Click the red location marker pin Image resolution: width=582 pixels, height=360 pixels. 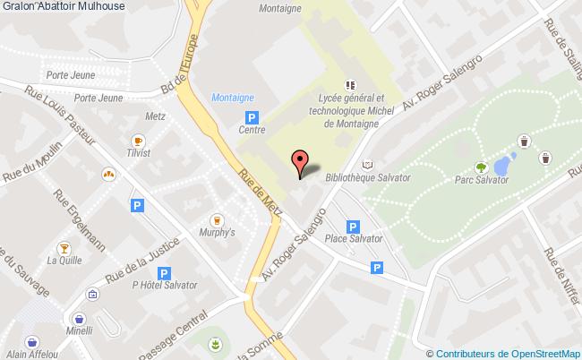pos(301,161)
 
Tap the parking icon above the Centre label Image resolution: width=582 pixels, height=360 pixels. pos(252,116)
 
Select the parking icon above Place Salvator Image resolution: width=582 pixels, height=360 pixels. pos(353,227)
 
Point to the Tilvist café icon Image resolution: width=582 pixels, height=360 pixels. pos(138,141)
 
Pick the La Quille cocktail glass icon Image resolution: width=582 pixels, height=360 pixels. pos(64,247)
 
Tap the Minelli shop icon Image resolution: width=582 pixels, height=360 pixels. pos(80,318)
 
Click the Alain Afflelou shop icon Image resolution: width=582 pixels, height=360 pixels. pos(33,341)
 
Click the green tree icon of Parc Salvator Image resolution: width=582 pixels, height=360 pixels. pos(481,167)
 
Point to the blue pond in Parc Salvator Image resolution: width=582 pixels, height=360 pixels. pos(503,165)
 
